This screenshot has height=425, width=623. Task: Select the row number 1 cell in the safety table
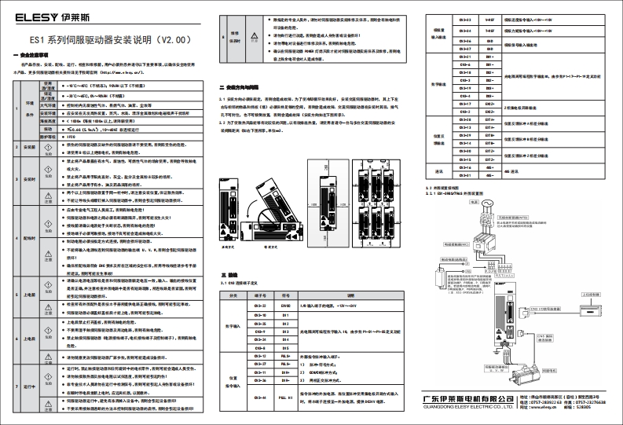coord(17,111)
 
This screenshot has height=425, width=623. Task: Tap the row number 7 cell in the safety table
coord(17,387)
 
